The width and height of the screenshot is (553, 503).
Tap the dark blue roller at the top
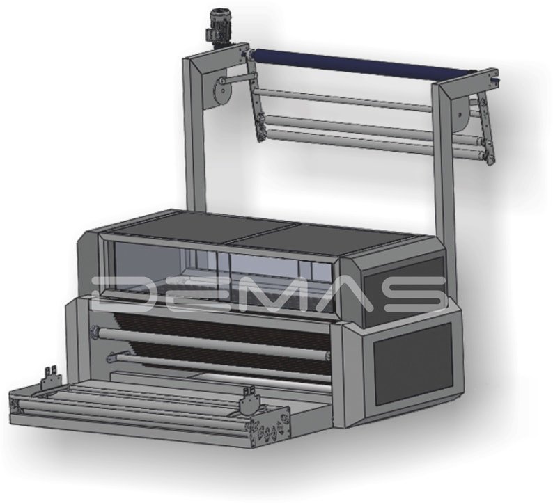tap(364, 64)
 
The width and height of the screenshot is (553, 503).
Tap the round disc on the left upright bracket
tap(223, 91)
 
